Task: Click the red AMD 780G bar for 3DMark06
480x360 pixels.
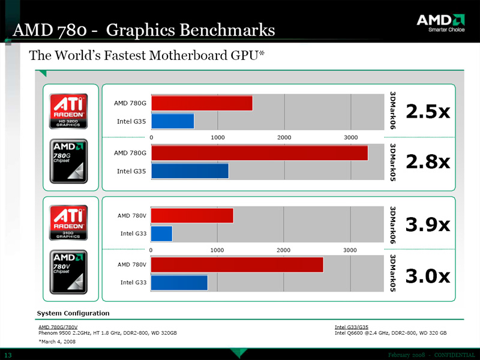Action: point(202,103)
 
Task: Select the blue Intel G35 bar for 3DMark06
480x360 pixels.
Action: point(173,121)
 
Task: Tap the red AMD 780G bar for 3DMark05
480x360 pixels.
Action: point(259,153)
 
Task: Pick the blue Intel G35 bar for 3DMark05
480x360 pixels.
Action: point(190,171)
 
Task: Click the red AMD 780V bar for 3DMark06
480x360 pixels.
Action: point(192,215)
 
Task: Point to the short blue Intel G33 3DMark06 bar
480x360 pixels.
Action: point(161,233)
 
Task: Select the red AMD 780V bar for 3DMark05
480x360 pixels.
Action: point(237,265)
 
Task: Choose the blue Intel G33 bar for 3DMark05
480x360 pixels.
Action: point(179,283)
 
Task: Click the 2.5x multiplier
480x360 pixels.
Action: point(428,112)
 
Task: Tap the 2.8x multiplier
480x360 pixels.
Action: point(428,162)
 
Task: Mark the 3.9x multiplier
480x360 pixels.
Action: point(428,224)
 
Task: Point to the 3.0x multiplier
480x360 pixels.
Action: point(428,275)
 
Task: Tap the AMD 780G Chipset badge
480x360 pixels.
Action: point(68,161)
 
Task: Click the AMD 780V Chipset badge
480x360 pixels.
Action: point(68,272)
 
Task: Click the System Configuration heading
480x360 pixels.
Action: point(73,313)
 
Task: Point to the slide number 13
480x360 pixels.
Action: point(8,355)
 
